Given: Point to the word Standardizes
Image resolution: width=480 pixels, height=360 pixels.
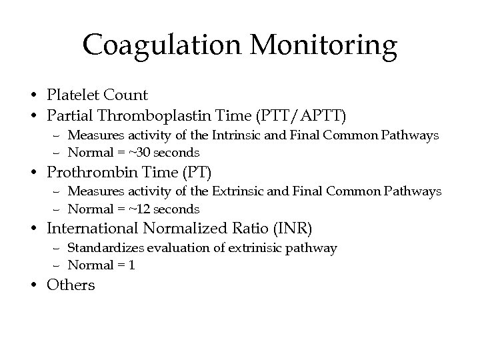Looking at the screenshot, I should (x=100, y=248).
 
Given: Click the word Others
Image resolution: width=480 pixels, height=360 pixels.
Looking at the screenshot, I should (x=71, y=285).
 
